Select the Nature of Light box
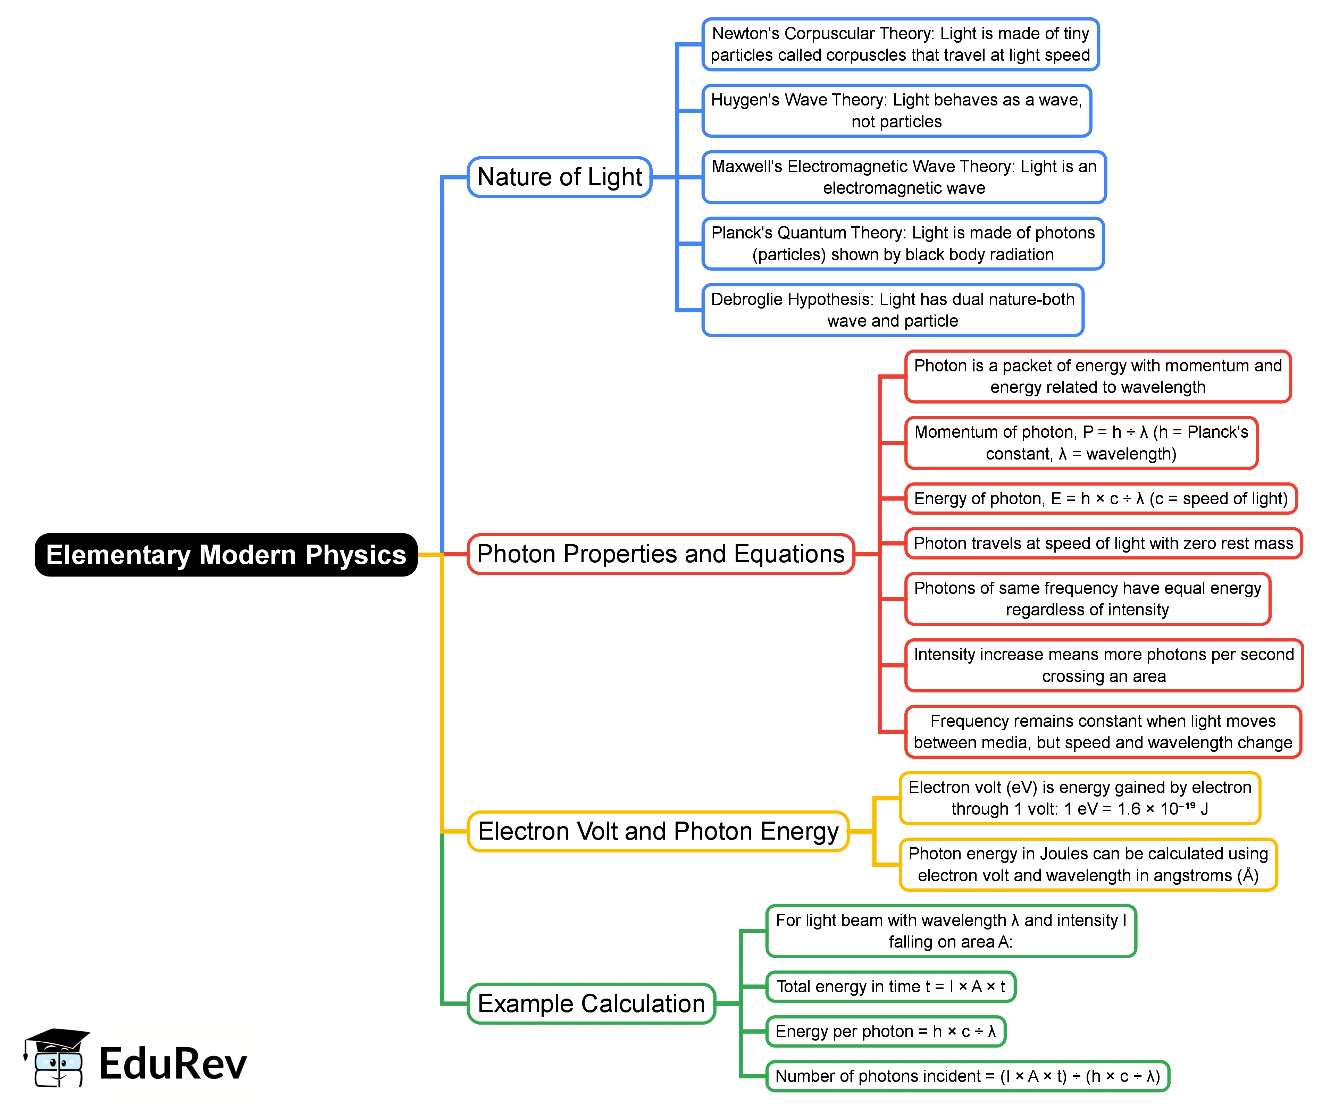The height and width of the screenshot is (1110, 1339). point(559,177)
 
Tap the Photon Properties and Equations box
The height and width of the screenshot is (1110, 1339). point(661,554)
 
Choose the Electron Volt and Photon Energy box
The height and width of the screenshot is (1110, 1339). point(658,831)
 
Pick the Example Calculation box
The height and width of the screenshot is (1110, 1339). point(591,1003)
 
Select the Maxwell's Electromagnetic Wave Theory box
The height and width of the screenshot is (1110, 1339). point(904,177)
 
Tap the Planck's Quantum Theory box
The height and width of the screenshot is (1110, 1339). point(903,244)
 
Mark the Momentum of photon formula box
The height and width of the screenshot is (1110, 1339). point(1081,443)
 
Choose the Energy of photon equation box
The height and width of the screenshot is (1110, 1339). point(1101,498)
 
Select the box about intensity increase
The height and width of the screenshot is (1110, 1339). point(1104,665)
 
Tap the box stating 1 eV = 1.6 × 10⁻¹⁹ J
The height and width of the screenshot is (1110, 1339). point(1079,798)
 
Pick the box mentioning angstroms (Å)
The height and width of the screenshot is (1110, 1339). point(1088,865)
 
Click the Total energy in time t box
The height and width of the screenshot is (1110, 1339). point(890,987)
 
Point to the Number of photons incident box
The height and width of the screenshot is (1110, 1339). point(967,1076)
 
